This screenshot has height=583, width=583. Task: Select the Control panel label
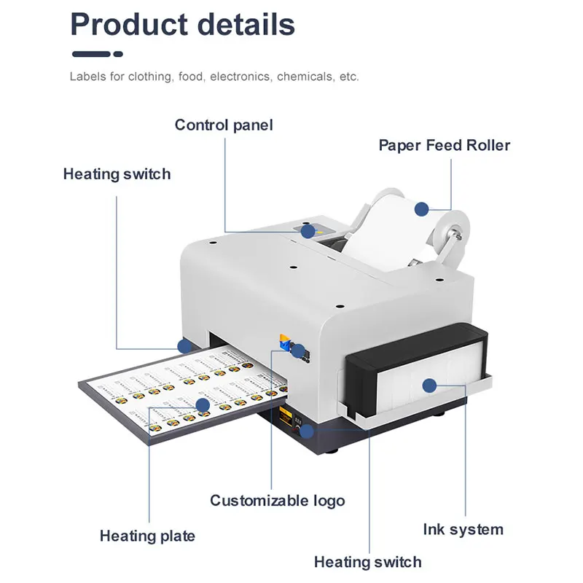pyautogui.click(x=224, y=125)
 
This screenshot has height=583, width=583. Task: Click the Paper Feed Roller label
pyautogui.click(x=444, y=144)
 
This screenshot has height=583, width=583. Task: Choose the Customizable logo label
pyautogui.click(x=277, y=501)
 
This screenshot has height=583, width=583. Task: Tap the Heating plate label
pyautogui.click(x=147, y=536)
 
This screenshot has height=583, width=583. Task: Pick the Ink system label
pyautogui.click(x=463, y=529)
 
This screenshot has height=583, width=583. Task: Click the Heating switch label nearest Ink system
pyautogui.click(x=367, y=562)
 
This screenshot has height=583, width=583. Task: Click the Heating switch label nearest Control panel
pyautogui.click(x=117, y=174)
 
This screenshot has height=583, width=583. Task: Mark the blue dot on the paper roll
pyautogui.click(x=421, y=209)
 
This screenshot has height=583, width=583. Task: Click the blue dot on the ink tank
pyautogui.click(x=429, y=386)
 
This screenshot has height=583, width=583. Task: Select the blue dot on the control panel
pyautogui.click(x=308, y=232)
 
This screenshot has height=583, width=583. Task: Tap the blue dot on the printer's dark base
pyautogui.click(x=307, y=431)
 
